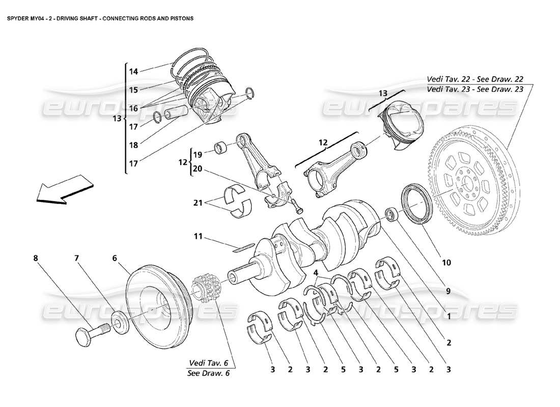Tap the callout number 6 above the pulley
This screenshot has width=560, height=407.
tap(115, 258)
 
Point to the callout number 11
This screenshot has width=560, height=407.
tap(198, 236)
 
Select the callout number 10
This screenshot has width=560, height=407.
tap(446, 263)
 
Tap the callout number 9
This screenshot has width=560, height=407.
tap(448, 292)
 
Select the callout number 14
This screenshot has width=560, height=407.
tap(133, 72)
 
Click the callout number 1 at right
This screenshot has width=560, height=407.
tap(449, 316)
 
